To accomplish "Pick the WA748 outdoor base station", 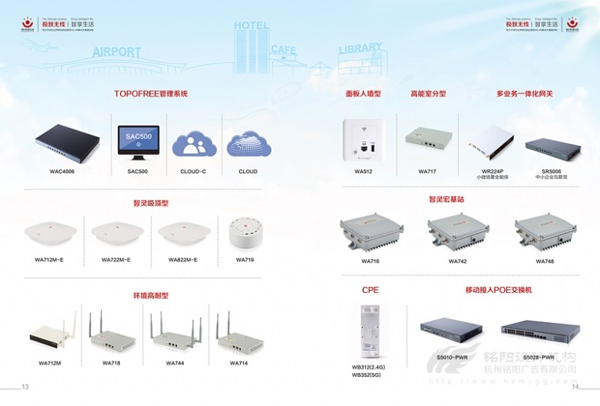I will (544, 231).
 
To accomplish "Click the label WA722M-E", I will (116, 260).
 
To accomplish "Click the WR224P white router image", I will (490, 143).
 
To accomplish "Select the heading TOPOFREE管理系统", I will (150, 94).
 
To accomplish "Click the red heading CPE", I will (370, 289).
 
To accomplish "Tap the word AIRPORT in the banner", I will (116, 52).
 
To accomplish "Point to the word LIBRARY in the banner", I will (360, 49).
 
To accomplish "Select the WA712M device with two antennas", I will (53, 333).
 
